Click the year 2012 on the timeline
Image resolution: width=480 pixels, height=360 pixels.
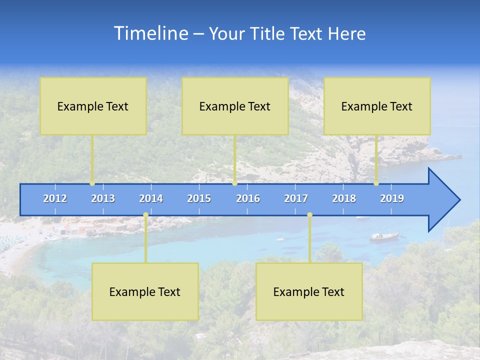55,198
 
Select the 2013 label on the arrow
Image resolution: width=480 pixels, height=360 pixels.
103,198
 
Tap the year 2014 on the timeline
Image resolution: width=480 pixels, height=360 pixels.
151,198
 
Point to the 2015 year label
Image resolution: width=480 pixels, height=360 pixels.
199,198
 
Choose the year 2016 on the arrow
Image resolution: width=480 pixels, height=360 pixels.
248,198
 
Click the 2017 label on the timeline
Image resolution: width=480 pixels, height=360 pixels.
296,198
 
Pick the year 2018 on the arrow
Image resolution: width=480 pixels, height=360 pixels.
344,198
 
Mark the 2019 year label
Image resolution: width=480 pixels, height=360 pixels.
392,198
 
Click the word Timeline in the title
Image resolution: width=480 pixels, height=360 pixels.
150,33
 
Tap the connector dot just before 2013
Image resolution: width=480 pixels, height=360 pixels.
92,183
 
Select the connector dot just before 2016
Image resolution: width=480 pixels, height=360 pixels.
235,183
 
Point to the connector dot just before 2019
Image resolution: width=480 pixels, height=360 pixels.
376,183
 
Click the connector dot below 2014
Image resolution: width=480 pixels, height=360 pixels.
145,215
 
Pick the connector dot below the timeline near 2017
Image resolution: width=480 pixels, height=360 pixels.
310,215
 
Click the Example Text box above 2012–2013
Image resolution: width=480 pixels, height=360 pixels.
93,106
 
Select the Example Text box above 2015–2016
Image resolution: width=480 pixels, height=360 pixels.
235,106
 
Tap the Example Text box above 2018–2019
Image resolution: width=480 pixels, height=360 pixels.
377,106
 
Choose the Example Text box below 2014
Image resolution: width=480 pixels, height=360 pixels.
145,291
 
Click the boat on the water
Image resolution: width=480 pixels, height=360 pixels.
384,235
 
